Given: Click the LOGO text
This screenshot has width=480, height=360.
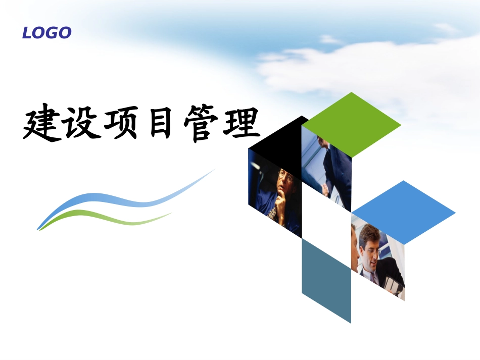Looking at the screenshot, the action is point(47,33).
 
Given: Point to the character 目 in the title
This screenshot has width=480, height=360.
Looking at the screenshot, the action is point(160,123).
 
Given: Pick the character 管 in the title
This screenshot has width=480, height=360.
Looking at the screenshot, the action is point(201,123).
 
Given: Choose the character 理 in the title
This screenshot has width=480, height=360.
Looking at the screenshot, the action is point(242,122).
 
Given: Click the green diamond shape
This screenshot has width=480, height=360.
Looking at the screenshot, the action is point(352,125).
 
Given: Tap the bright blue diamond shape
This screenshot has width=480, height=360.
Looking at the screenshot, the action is point(404,213).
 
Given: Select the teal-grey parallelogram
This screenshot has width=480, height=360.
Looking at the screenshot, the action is point(326,281).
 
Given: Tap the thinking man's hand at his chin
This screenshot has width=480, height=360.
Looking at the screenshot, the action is point(279,201).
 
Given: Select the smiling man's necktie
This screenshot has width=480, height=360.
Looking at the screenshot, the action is point(372,277).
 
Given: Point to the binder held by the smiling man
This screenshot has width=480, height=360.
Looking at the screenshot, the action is point(394,286).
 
